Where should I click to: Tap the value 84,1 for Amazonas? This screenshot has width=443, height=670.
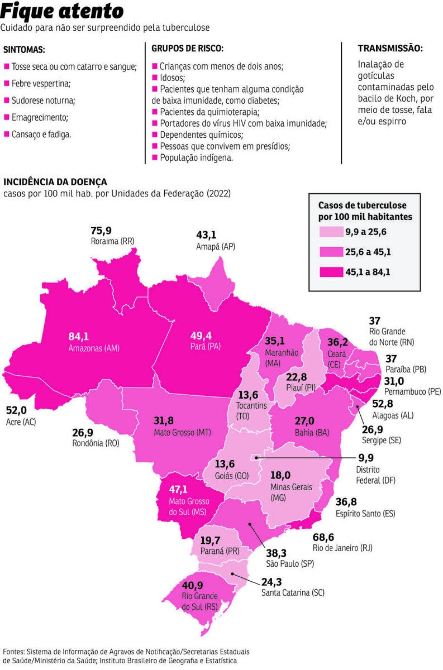79,336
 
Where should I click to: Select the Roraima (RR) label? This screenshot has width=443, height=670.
113,241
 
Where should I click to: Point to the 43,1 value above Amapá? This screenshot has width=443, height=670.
206,235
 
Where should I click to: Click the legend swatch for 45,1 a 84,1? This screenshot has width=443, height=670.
331,272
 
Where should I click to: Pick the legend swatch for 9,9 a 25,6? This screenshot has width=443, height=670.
331,232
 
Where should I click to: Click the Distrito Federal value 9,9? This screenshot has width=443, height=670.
366,458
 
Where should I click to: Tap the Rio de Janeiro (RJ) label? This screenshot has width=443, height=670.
342,548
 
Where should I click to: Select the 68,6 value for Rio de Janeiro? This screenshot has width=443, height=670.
323,537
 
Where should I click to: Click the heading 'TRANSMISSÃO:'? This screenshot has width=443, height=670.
390,48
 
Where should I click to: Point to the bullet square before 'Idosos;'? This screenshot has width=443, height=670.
155,78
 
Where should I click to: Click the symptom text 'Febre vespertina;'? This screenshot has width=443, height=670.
41,83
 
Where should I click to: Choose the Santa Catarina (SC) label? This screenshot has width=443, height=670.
293,592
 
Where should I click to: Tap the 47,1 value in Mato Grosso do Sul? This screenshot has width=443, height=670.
178,489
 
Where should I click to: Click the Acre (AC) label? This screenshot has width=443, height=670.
21,422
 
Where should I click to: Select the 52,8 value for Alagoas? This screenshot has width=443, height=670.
382,404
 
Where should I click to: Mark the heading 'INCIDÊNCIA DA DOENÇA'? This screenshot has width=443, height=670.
55,182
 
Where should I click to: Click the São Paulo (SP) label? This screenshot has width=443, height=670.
290,564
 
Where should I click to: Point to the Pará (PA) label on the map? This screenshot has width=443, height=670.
205,347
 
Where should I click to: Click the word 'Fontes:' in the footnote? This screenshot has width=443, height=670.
14,652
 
